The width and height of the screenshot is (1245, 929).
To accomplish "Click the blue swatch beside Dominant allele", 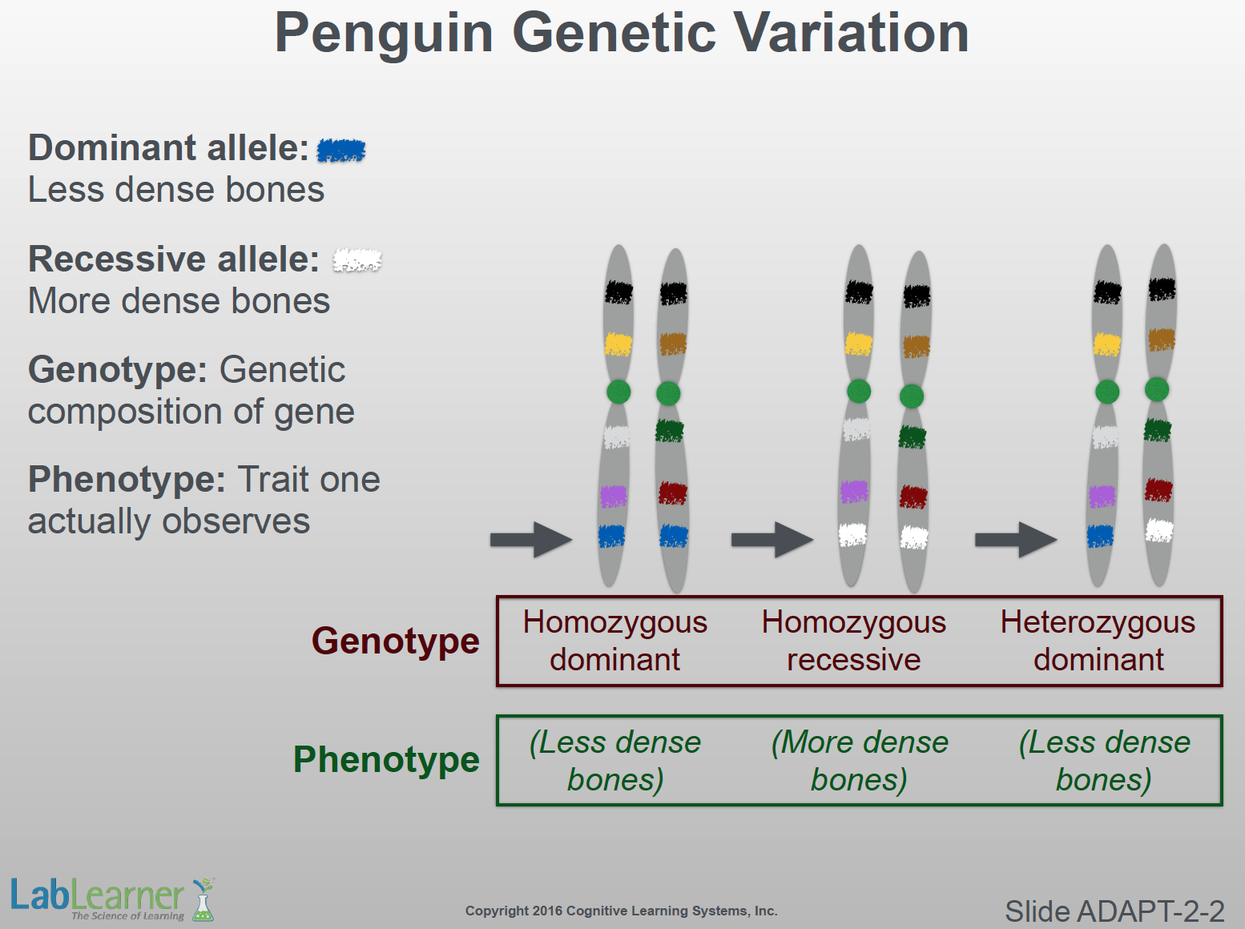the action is [x=340, y=151].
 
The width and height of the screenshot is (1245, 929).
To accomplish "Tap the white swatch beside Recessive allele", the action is [x=357, y=260].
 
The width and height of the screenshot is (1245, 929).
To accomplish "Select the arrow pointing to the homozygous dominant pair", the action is [x=531, y=540].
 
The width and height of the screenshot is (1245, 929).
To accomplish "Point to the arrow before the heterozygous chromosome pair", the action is [x=1017, y=540].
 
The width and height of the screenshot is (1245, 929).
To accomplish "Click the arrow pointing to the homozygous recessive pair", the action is [x=772, y=540].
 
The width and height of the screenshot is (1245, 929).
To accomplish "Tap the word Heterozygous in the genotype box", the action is [x=1098, y=623].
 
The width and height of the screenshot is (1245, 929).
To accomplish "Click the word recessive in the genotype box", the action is [x=853, y=660].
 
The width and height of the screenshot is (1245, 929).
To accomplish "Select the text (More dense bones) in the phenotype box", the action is [x=860, y=761].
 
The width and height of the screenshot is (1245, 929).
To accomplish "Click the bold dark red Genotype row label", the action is [x=395, y=641].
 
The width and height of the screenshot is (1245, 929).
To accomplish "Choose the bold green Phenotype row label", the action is [x=386, y=759].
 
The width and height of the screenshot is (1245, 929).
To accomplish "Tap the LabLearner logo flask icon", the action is [x=203, y=899].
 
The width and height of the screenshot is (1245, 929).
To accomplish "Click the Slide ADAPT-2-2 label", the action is [x=1114, y=911].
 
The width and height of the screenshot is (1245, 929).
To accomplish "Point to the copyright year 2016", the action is [x=548, y=911].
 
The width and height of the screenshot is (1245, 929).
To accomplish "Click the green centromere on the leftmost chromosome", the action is [x=618, y=392].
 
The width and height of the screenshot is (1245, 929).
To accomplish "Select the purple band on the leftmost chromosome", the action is [x=614, y=497].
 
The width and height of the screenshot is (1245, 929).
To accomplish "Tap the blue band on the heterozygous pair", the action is [x=1100, y=537].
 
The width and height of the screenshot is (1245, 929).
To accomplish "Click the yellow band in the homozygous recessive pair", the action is [x=859, y=344].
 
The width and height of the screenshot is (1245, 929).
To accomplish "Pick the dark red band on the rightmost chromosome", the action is [x=1158, y=490].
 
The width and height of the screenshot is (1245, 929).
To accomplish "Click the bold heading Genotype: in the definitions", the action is [x=118, y=370].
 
